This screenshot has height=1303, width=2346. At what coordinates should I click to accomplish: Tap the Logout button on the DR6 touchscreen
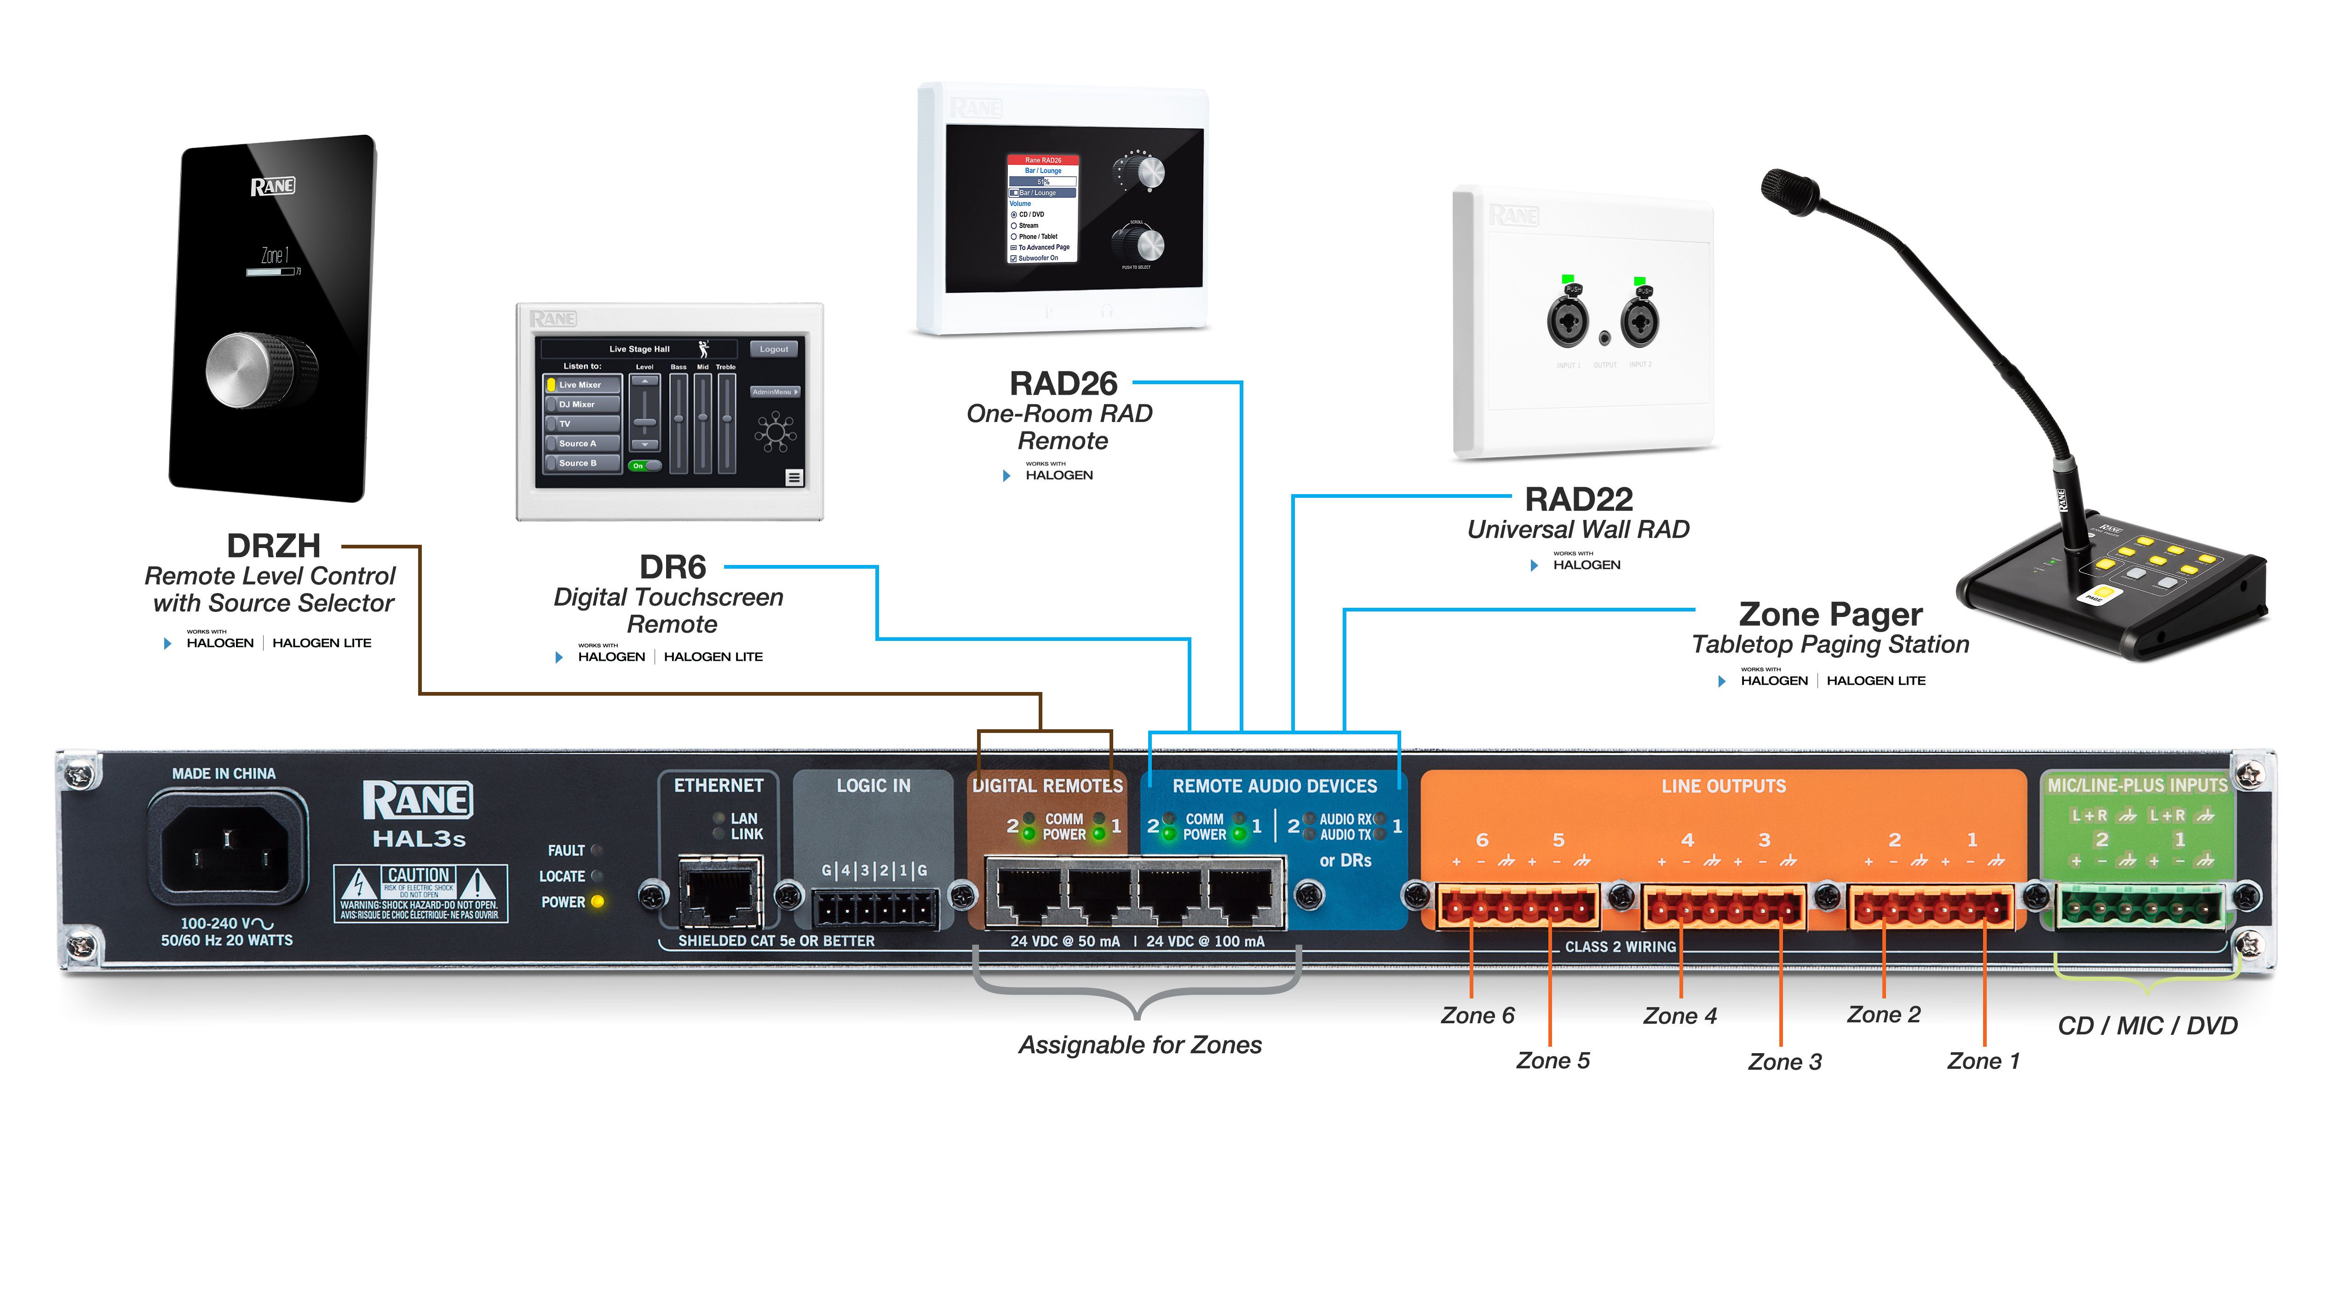tap(773, 349)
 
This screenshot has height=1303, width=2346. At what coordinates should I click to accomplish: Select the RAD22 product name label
tap(1578, 499)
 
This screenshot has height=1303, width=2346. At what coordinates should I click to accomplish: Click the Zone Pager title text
tap(1829, 614)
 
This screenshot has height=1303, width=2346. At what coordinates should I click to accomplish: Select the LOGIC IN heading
tap(873, 785)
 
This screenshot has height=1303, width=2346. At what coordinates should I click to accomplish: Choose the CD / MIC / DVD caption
tap(2146, 1026)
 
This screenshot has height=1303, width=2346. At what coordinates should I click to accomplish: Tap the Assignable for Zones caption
tap(1139, 1045)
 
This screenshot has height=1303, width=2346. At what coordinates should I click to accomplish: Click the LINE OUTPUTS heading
tap(1723, 785)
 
